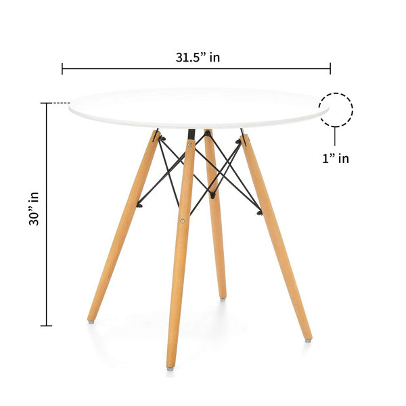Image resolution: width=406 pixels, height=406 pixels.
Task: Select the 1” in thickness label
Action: [335, 158]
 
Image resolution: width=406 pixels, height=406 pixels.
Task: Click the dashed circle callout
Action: [336, 110]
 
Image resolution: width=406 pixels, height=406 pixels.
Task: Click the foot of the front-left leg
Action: [91, 319]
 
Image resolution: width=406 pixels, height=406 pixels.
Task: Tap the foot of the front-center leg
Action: [170, 367]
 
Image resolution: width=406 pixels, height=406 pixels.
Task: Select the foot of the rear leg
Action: [223, 296]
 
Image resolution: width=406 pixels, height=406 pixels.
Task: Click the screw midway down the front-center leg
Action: [181, 220]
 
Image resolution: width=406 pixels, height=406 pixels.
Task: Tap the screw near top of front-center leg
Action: [190, 144]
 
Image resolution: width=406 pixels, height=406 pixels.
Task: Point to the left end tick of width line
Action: [62, 68]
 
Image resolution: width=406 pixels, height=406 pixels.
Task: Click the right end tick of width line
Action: [330, 68]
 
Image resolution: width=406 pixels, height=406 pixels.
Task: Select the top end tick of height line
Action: [46, 104]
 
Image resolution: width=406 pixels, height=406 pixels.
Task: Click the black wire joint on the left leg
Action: [139, 204]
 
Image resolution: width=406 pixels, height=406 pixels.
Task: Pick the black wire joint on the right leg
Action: [259, 212]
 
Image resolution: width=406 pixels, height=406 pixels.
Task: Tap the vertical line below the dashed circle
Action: [335, 138]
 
